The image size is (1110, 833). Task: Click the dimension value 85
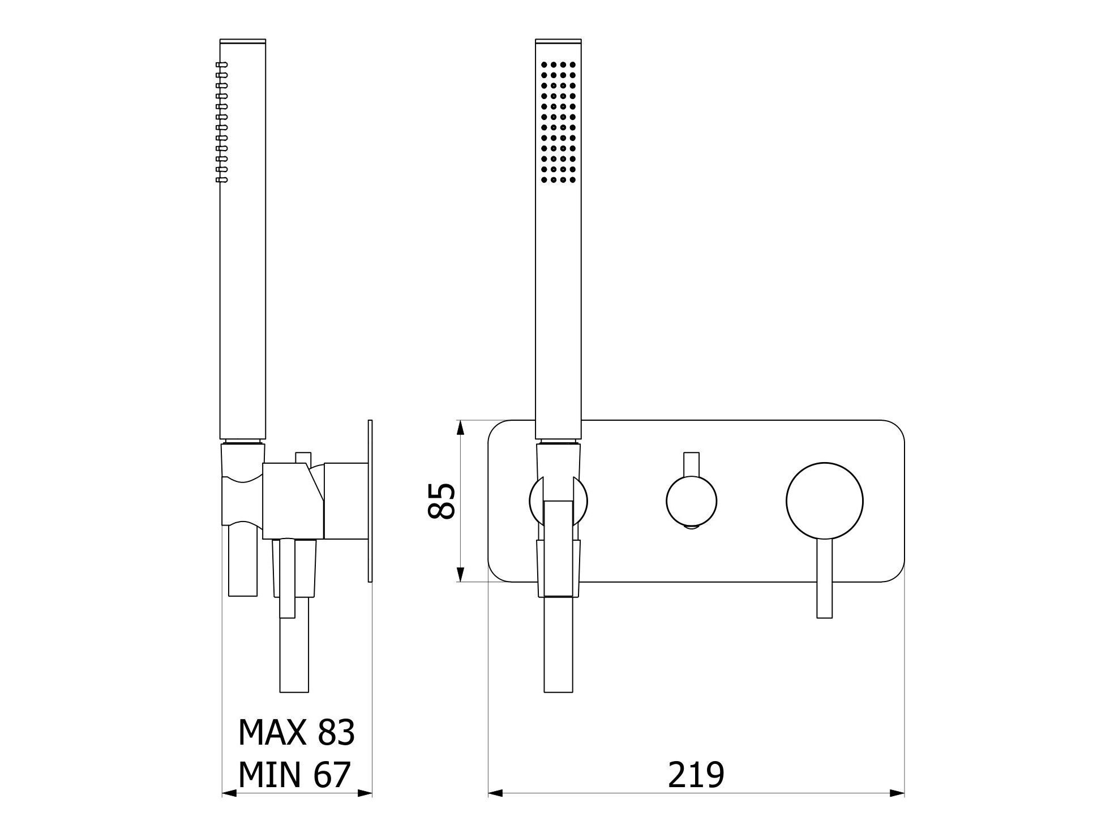coord(442,501)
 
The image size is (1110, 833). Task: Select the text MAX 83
coord(296,732)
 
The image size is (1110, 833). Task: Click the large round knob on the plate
coord(824,501)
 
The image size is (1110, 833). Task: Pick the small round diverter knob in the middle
coord(692,501)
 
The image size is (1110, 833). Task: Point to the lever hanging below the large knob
coord(824,578)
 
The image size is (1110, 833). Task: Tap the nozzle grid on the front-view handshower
coord(558,122)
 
